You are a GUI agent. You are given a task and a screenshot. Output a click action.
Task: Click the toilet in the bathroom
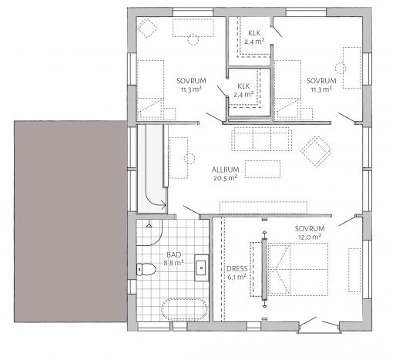pyautogui.click(x=146, y=269)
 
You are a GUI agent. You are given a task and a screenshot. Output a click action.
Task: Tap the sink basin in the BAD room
pyautogui.click(x=201, y=267)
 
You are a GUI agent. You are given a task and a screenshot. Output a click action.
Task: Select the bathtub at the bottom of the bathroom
pyautogui.click(x=185, y=309)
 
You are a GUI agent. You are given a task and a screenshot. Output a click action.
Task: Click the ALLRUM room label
pyautogui.click(x=225, y=170)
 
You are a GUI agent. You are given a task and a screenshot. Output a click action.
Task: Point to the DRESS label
pyautogui.click(x=237, y=269)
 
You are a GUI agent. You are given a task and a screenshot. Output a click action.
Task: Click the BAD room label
pyautogui.click(x=174, y=254)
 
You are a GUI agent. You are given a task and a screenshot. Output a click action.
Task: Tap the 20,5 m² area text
pyautogui.click(x=225, y=178)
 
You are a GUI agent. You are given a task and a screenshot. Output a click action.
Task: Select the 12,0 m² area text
pyautogui.click(x=310, y=237)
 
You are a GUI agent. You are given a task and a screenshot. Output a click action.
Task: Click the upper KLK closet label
pyautogui.click(x=254, y=33)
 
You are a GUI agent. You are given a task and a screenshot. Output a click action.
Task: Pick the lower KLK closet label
pyautogui.click(x=243, y=86)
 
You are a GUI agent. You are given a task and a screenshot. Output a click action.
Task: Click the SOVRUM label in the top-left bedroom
pyautogui.click(x=191, y=81)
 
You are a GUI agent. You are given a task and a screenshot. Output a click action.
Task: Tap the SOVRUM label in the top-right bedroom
pyautogui.click(x=321, y=81)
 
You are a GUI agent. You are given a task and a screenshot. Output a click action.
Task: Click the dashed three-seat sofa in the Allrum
pyautogui.click(x=261, y=139)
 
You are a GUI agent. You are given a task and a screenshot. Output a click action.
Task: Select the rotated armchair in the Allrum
pyautogui.click(x=316, y=152)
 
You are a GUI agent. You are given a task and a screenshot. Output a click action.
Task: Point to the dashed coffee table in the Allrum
pyautogui.click(x=263, y=169)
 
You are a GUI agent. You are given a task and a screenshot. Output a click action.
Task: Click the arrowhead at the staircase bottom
pyautogui.click(x=164, y=204)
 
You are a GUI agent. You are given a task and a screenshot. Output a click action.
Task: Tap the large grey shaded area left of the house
pyautogui.click(x=71, y=221)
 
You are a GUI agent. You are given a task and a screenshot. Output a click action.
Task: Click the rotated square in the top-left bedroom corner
pyautogui.click(x=147, y=28)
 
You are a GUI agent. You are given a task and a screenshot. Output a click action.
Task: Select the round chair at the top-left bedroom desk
pyautogui.click(x=193, y=39)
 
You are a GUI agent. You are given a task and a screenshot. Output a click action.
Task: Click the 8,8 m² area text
pyautogui.click(x=174, y=263)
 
